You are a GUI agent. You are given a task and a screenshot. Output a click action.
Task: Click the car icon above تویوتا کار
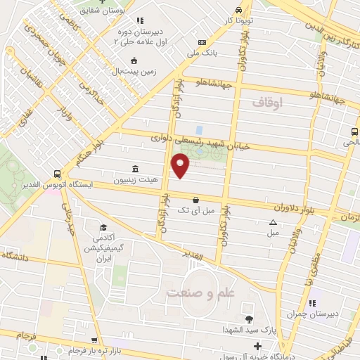click(240, 11)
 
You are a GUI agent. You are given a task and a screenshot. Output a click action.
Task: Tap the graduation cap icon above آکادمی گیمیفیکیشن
click(103, 227)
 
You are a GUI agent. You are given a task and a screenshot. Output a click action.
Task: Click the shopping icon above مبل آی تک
click(195, 200)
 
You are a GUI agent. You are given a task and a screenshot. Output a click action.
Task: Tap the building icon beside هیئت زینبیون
click(135, 169)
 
